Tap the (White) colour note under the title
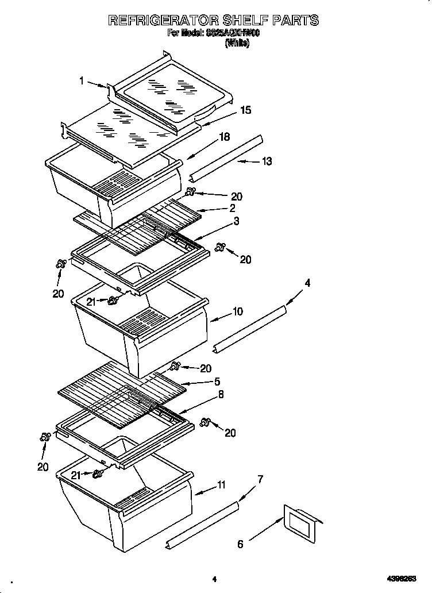coord(237,43)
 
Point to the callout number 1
coord(82,81)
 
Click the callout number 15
coord(245,110)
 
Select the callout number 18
coord(224,137)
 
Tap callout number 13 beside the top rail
coord(267,161)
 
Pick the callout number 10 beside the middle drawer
coord(237,312)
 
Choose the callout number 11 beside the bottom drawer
coord(221,486)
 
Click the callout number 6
coord(241,544)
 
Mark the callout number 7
coord(260,479)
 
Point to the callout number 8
coord(221,394)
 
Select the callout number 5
coord(217,381)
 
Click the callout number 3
coord(236,221)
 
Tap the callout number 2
coord(232,208)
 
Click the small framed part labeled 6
coord(300,522)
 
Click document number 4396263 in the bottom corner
coord(404,579)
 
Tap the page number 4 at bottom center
coord(214,579)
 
